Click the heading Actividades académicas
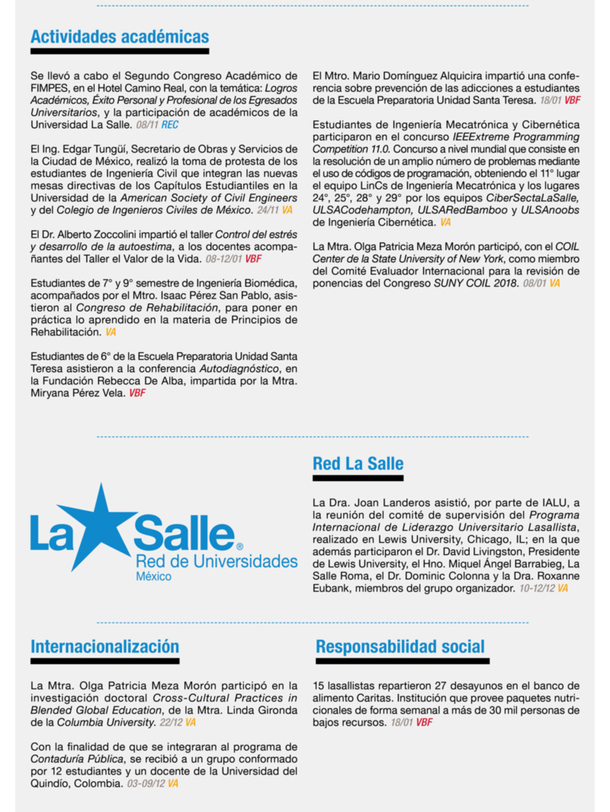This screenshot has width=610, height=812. (x=120, y=37)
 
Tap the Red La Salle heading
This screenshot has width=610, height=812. (x=358, y=464)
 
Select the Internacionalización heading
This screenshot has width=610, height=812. (x=104, y=647)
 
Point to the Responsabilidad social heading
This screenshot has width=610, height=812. (x=400, y=647)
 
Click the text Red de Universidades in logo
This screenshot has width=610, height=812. (x=217, y=562)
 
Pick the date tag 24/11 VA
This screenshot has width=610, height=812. (x=275, y=209)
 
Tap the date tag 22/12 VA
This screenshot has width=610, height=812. (x=180, y=722)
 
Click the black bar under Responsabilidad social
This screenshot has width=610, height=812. (x=402, y=661)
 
